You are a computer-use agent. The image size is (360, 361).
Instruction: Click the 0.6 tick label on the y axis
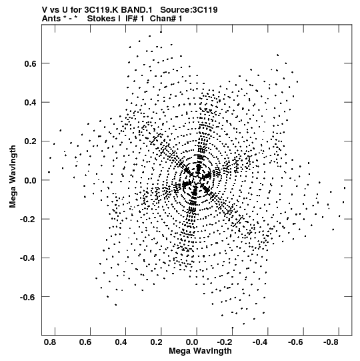(31, 63)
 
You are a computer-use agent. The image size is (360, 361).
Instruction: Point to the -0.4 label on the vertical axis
(28, 258)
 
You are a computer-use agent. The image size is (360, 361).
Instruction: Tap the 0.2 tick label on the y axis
(31, 141)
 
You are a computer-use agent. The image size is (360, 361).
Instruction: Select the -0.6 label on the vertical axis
(28, 297)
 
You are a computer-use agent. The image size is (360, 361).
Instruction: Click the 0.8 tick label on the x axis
(50, 342)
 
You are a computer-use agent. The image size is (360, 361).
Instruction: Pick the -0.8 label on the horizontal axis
(331, 342)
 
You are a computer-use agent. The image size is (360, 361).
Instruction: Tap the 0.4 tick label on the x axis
(121, 342)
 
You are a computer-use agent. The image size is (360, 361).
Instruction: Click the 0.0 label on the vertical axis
(31, 180)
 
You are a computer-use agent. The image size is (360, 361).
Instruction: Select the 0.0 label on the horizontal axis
(192, 342)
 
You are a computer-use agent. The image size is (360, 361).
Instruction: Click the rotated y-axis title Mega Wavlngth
(13, 177)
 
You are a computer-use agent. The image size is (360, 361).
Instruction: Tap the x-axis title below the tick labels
(200, 351)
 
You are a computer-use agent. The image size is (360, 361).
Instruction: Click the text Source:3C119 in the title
(189, 10)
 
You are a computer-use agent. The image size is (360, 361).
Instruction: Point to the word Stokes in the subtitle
(104, 19)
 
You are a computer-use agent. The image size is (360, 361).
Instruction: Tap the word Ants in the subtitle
(51, 19)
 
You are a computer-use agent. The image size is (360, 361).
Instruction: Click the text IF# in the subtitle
(132, 19)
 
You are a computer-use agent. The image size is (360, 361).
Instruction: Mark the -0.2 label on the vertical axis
(28, 220)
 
